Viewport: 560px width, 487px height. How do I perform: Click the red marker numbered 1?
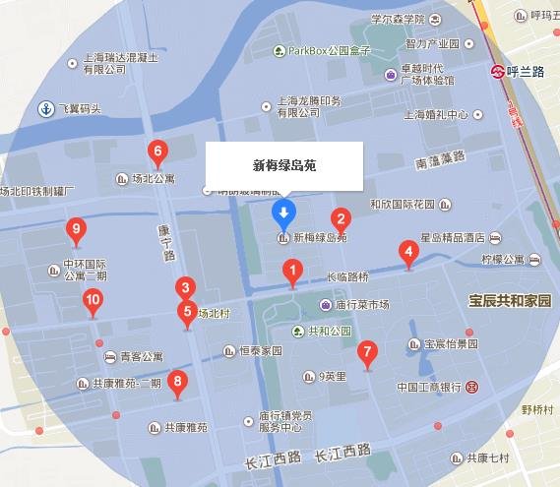tap(292, 271)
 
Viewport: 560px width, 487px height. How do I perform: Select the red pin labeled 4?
tap(407, 252)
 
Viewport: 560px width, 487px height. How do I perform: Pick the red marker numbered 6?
tap(156, 152)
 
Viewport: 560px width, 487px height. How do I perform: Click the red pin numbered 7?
tap(367, 351)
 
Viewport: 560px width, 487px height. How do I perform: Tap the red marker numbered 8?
tap(177, 382)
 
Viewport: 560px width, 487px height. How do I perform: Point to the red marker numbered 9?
tap(77, 232)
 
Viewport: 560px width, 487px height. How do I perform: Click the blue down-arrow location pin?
tap(283, 213)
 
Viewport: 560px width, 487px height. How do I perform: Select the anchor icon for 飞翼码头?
tap(44, 107)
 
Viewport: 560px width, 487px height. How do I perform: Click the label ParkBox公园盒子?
tap(329, 51)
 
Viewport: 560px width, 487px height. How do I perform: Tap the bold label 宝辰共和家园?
tap(509, 300)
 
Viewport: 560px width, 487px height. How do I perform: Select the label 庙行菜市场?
tap(362, 305)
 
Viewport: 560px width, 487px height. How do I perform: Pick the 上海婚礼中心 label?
tap(435, 114)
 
